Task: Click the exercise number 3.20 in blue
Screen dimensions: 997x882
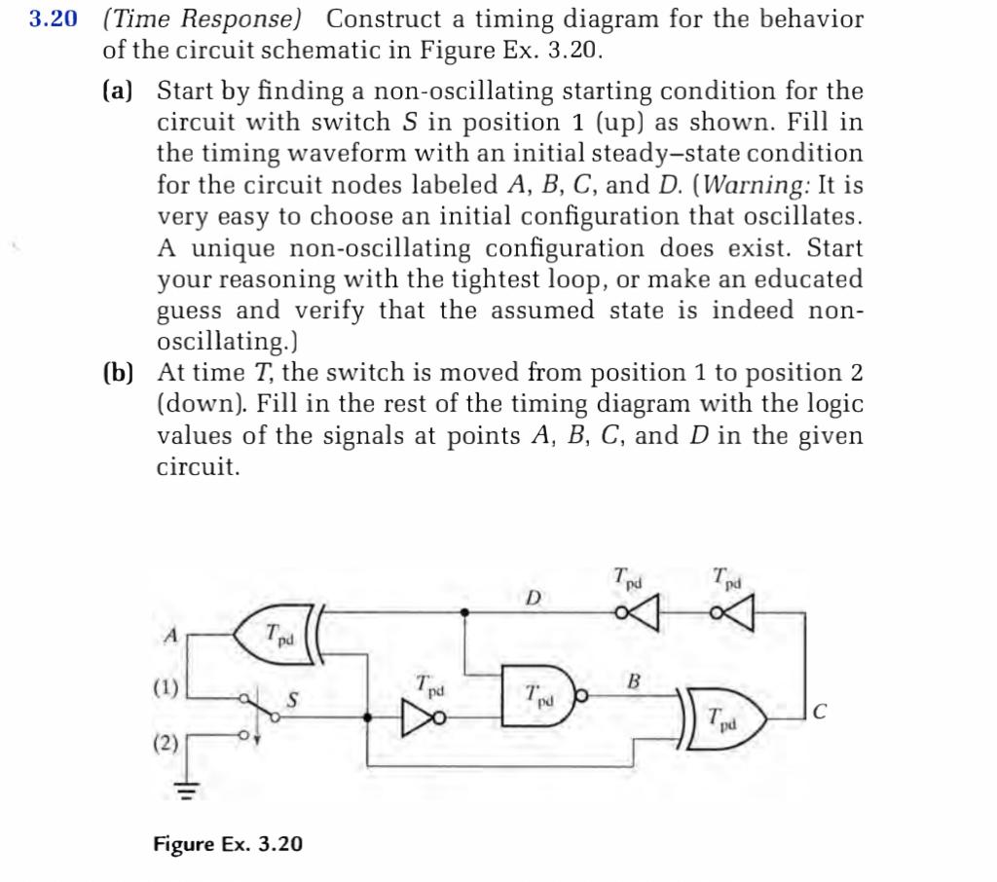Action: (x=52, y=19)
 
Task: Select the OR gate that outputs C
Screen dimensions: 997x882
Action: (x=724, y=719)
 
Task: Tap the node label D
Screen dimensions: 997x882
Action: (x=533, y=596)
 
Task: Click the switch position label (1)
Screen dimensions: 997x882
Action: (x=165, y=688)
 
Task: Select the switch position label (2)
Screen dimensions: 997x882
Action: (x=165, y=745)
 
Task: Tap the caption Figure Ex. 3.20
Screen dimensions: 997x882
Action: (x=227, y=844)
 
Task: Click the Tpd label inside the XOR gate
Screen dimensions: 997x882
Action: (x=279, y=634)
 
